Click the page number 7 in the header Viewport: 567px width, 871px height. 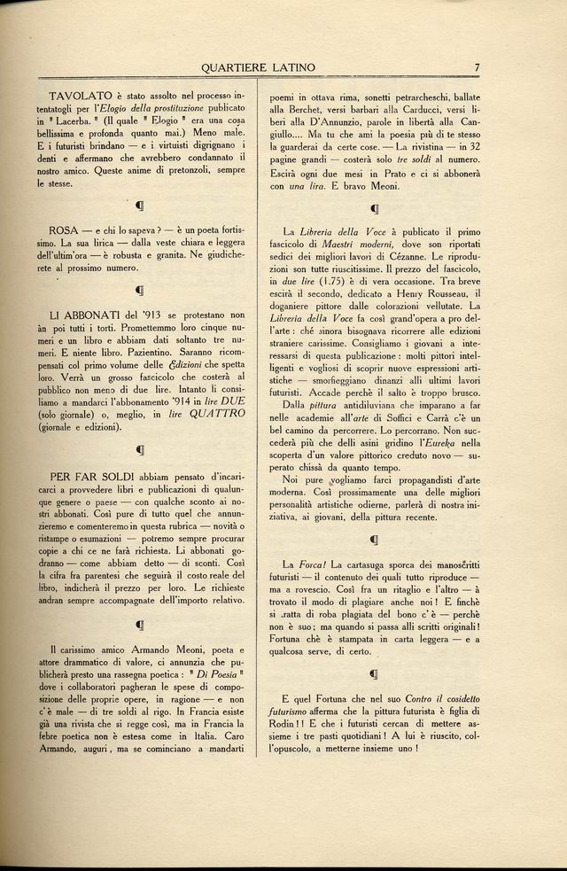[477, 66]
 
